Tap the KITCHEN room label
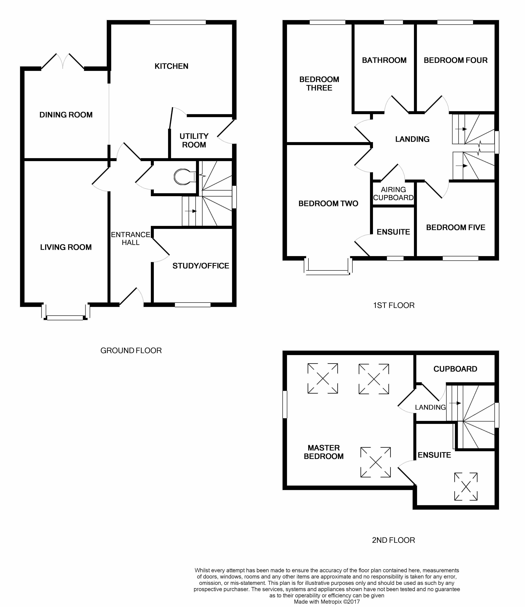171,66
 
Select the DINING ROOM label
66,115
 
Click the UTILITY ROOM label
194,140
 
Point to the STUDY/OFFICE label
201,266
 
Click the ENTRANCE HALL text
131,238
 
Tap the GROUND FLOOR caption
131,350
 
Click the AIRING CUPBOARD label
393,194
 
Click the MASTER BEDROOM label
323,452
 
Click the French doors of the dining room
63,62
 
